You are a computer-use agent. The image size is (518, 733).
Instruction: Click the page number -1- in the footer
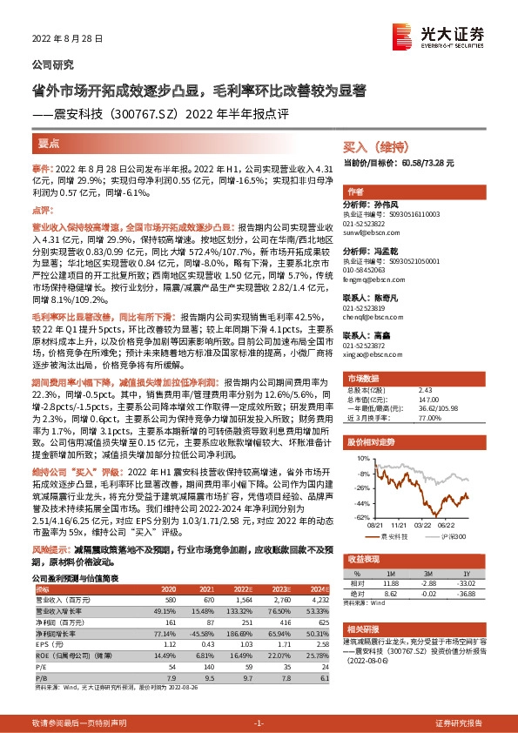(x=259, y=723)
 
